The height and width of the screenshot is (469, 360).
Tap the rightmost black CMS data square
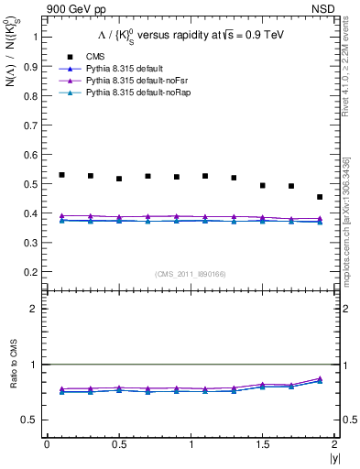[x=320, y=197]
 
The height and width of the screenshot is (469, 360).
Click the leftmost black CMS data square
[x=61, y=175]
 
